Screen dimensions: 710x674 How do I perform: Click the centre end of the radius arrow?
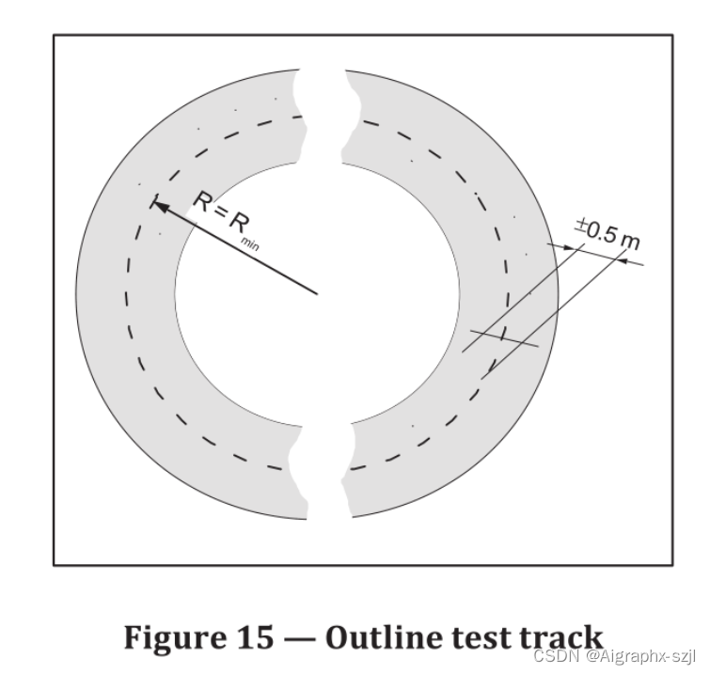[317, 293]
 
